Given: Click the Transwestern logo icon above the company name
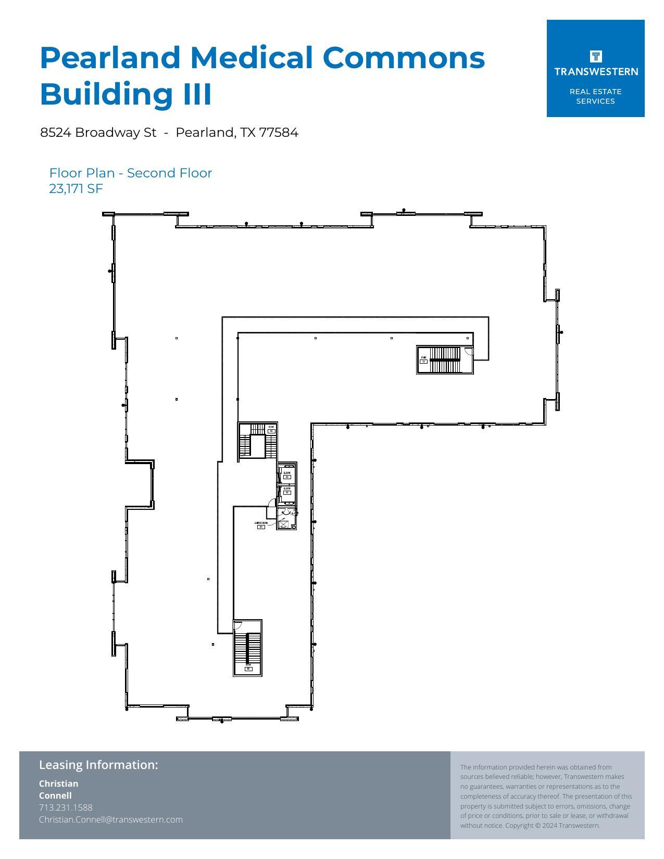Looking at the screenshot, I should pos(596,56).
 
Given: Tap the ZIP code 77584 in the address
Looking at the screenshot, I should pos(279,133).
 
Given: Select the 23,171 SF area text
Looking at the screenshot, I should pos(76,189).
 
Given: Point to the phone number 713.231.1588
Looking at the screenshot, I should pos(66,807).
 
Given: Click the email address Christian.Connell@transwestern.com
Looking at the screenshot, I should pos(111,819).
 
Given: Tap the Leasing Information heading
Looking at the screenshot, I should pos(98,765).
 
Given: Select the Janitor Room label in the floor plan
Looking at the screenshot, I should pos(261,523).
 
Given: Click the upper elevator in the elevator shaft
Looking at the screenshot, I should pos(287,475).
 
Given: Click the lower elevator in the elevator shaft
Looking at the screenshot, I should pos(287,491).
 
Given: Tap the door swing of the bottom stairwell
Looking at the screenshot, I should pos(238,626).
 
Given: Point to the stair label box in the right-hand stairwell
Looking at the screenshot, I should pos(424,361).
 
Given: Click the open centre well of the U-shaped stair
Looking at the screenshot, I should pos(258,446).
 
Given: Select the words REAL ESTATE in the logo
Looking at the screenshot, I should pos(595,92).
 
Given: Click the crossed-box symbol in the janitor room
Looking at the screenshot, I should pos(283,524).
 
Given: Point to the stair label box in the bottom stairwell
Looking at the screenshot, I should pos(248,669).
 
